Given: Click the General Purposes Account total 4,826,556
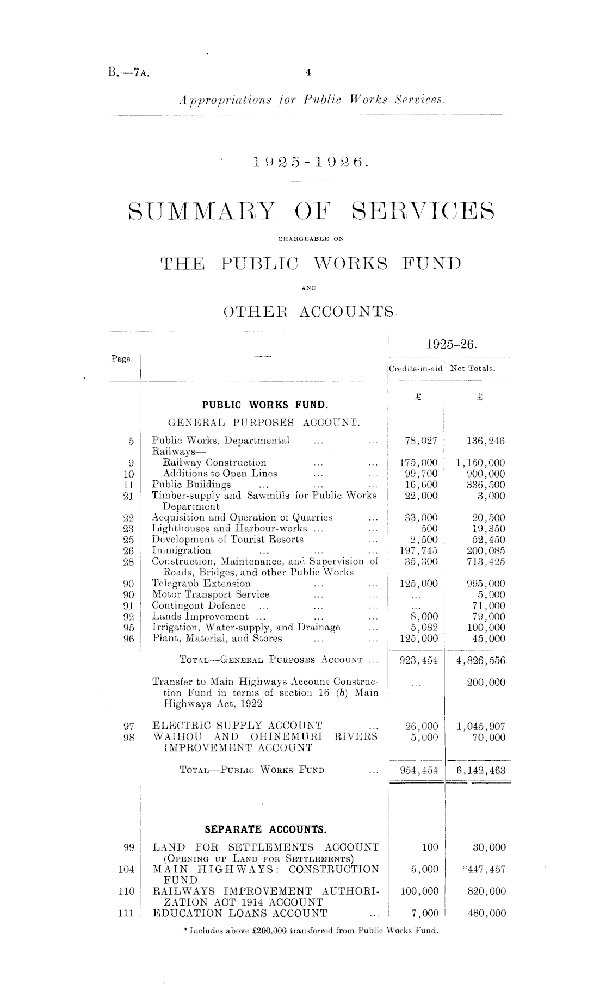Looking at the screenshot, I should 481,661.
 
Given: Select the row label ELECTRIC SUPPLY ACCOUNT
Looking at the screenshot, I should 238,726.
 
